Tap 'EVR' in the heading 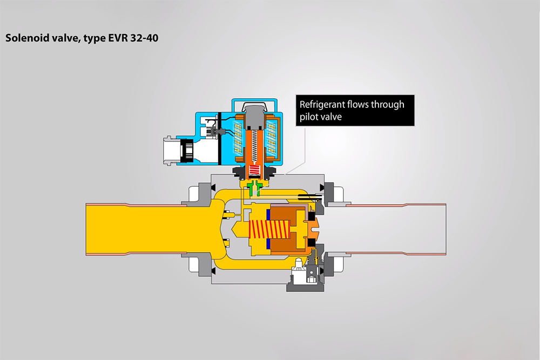[x=118, y=38]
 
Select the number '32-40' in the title [x=144, y=38]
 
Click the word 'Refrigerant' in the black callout [x=322, y=105]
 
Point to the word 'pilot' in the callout [x=308, y=117]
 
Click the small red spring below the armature [x=255, y=170]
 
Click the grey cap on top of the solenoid [x=255, y=116]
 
